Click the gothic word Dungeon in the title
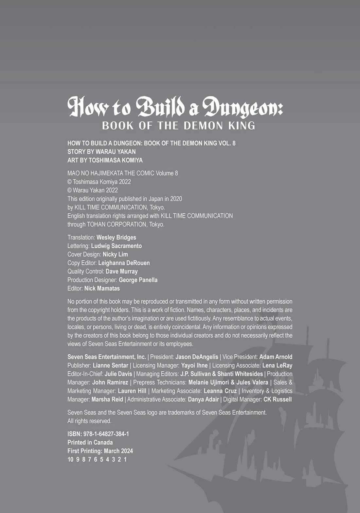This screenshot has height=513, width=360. point(243,107)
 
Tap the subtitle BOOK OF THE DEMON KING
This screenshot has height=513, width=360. point(178,126)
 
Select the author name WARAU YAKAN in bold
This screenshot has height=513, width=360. point(116,151)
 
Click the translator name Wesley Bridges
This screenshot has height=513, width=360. point(116,237)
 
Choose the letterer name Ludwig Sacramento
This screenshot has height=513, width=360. point(116,246)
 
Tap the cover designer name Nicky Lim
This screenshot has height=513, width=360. point(115,254)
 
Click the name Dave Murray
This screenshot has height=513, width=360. point(121,271)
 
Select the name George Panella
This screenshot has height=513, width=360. point(138,280)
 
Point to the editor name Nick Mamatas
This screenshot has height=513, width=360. point(102,288)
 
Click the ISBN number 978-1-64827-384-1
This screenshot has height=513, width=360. point(106,433)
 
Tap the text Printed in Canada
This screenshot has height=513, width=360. point(90,442)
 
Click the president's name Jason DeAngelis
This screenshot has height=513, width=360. point(197,357)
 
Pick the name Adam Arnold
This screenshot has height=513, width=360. point(276,357)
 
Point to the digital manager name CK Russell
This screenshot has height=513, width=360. point(277,399)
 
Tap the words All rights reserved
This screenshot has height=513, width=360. point(89,421)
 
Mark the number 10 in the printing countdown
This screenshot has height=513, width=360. point(70,459)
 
